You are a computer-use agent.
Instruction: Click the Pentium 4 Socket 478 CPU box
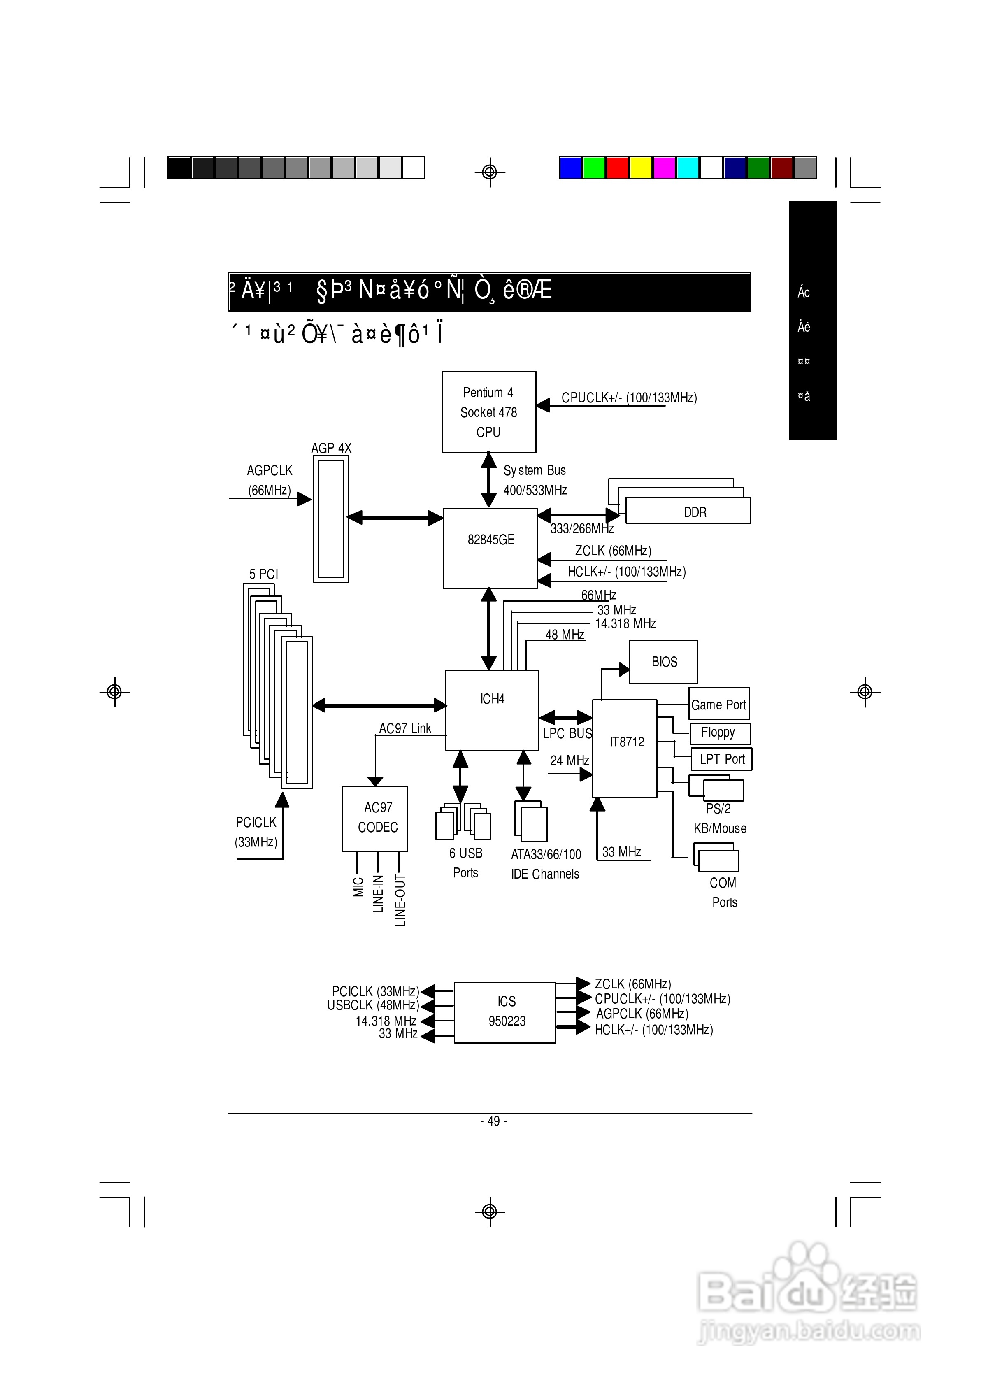click(489, 412)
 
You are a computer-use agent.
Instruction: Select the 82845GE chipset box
click(490, 548)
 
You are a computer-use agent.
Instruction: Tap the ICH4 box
click(492, 709)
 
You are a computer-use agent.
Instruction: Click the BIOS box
click(663, 662)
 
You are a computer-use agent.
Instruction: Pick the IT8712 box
click(625, 748)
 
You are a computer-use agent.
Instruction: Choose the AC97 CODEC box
click(374, 819)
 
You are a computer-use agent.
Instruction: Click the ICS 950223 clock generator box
click(505, 1012)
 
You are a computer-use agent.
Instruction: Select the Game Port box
click(719, 704)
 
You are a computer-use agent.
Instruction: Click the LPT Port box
click(721, 759)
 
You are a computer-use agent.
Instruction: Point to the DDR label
click(695, 512)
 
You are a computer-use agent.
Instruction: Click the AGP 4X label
click(331, 448)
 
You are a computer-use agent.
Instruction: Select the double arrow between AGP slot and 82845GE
click(395, 518)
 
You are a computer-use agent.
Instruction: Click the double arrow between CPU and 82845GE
click(489, 480)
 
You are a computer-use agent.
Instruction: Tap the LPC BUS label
click(567, 733)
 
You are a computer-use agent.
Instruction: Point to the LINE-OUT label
click(400, 900)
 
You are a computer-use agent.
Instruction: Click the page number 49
click(493, 1121)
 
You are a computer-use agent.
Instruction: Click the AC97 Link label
click(405, 728)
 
